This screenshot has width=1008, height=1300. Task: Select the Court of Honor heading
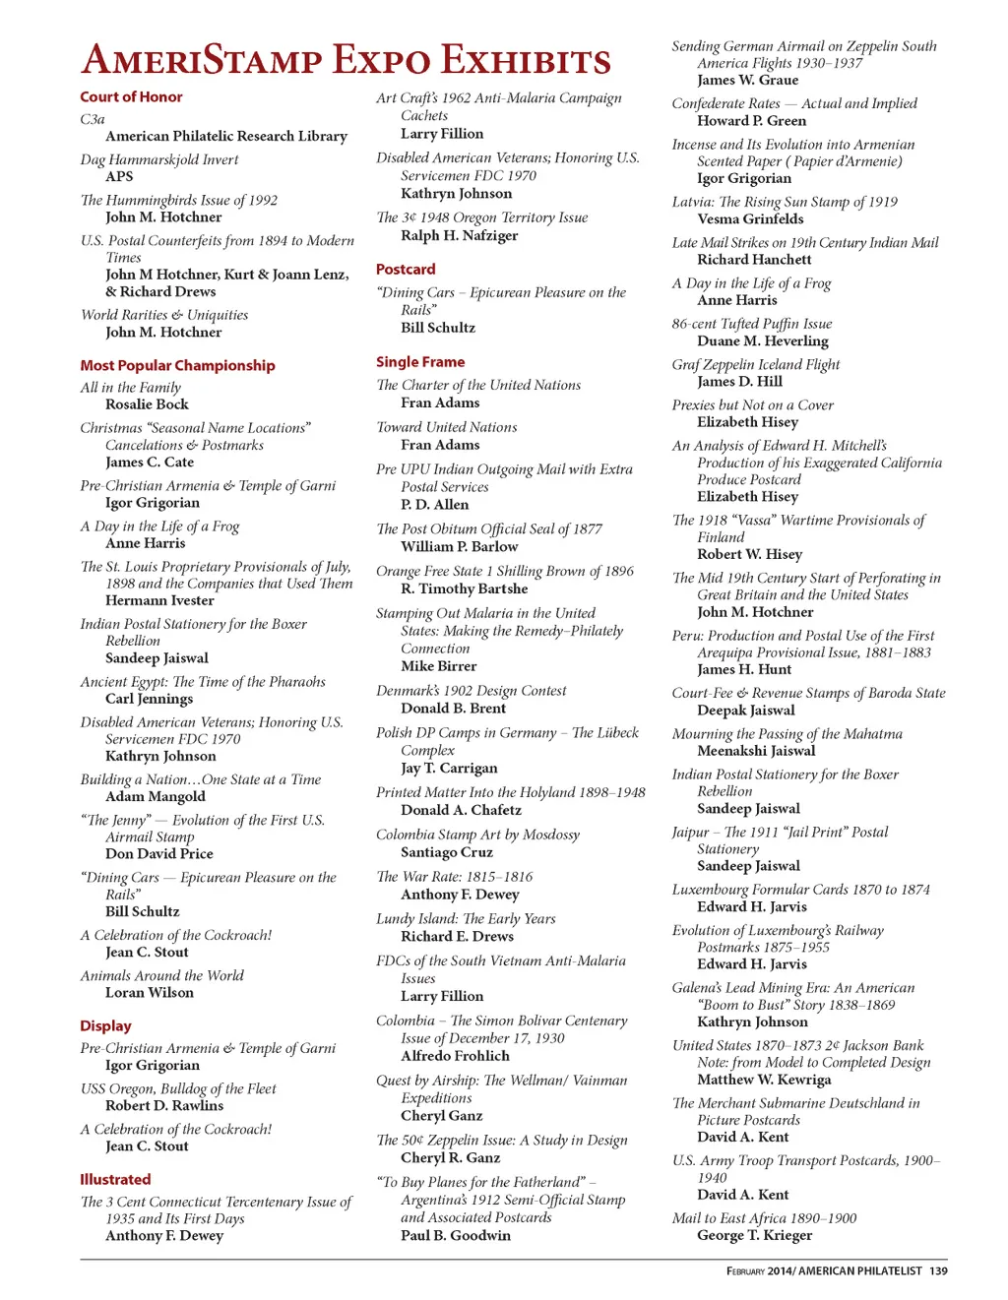coord(131,96)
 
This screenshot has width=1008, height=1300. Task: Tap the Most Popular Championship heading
coord(177,365)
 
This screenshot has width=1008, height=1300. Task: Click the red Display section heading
coord(105,1025)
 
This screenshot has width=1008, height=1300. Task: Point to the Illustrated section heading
coord(115,1179)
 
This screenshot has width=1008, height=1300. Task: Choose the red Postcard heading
coord(406,269)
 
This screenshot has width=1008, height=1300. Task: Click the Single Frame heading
coord(420,362)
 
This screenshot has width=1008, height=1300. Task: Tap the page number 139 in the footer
coord(938,1271)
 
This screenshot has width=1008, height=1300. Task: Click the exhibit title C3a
coord(93,119)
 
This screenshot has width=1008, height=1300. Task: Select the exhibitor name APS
coord(119,176)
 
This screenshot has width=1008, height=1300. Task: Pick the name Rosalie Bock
coord(147,404)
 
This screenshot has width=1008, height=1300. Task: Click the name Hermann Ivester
coord(159,600)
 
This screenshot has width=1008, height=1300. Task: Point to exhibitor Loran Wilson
coord(150,993)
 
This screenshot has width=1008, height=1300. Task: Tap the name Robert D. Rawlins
coord(164,1106)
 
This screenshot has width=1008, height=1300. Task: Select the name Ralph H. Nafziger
coord(459,235)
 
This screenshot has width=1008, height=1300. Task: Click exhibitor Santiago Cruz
coord(447,852)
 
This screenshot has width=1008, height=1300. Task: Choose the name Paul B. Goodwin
coord(456,1235)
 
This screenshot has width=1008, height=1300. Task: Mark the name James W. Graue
coord(747,80)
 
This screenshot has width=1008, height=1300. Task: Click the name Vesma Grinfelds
coord(750,219)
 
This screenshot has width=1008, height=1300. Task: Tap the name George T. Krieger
coord(755,1235)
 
